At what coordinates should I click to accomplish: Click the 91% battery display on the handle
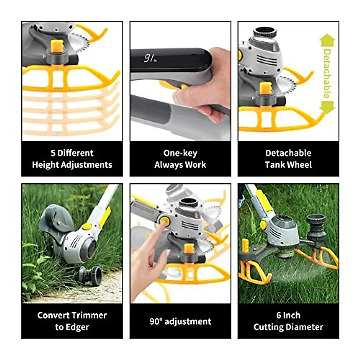(x=150, y=58)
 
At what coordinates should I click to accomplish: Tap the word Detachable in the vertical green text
(x=327, y=73)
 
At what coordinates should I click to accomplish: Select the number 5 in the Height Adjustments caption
(x=53, y=153)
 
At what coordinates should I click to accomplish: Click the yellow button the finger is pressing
(x=164, y=221)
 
